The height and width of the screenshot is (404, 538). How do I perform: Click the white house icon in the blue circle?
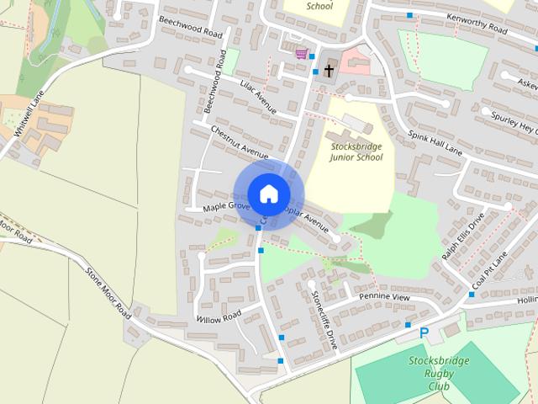[x=268, y=194]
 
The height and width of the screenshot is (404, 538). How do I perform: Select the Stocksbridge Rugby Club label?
[x=438, y=374]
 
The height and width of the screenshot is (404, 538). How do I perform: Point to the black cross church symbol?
[x=329, y=70]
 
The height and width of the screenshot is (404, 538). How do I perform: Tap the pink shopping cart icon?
[x=300, y=54]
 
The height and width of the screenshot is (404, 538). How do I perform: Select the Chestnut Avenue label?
[x=240, y=142]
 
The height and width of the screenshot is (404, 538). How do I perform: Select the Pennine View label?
[x=384, y=298]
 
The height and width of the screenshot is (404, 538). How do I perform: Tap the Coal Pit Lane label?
[x=491, y=270]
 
